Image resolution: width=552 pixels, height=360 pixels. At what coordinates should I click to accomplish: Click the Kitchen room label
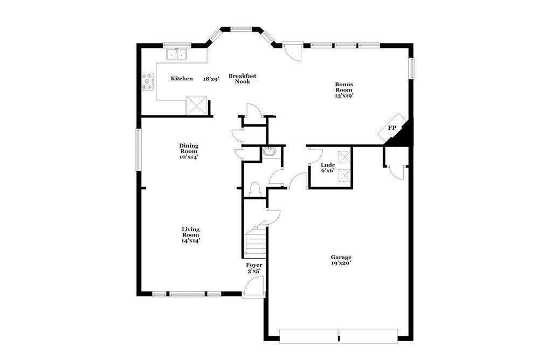point(182,79)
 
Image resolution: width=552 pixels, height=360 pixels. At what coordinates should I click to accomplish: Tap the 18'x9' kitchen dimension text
point(211,79)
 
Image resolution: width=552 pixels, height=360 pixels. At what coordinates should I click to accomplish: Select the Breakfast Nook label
point(242,78)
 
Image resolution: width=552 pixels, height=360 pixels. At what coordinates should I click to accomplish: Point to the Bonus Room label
point(344,87)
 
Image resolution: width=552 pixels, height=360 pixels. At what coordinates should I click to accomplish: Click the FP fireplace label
point(392,128)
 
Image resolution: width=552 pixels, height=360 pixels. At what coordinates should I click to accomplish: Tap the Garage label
point(341,257)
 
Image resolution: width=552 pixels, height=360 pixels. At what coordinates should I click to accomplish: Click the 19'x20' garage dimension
point(341,264)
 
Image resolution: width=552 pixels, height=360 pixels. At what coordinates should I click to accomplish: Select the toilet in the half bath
point(256,189)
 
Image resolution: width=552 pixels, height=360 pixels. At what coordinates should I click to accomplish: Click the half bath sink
point(270,153)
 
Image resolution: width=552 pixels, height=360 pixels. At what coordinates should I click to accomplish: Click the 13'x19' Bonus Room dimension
point(344,95)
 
